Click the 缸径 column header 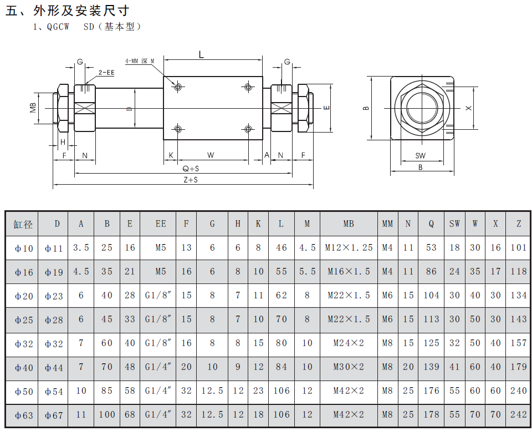click(x=23, y=224)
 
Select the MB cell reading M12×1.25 click(x=348, y=248)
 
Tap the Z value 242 click(x=518, y=415)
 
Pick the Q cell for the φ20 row click(x=431, y=296)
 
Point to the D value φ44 click(x=54, y=367)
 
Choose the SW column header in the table click(x=454, y=224)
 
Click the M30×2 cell click(x=348, y=367)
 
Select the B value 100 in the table click(x=107, y=415)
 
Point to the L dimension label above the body click(x=201, y=54)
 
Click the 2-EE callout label click(x=106, y=73)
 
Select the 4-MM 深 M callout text click(x=139, y=61)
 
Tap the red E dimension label click(x=326, y=108)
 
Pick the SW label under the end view click(x=421, y=156)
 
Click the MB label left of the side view click(x=34, y=108)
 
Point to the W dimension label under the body click(x=211, y=155)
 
